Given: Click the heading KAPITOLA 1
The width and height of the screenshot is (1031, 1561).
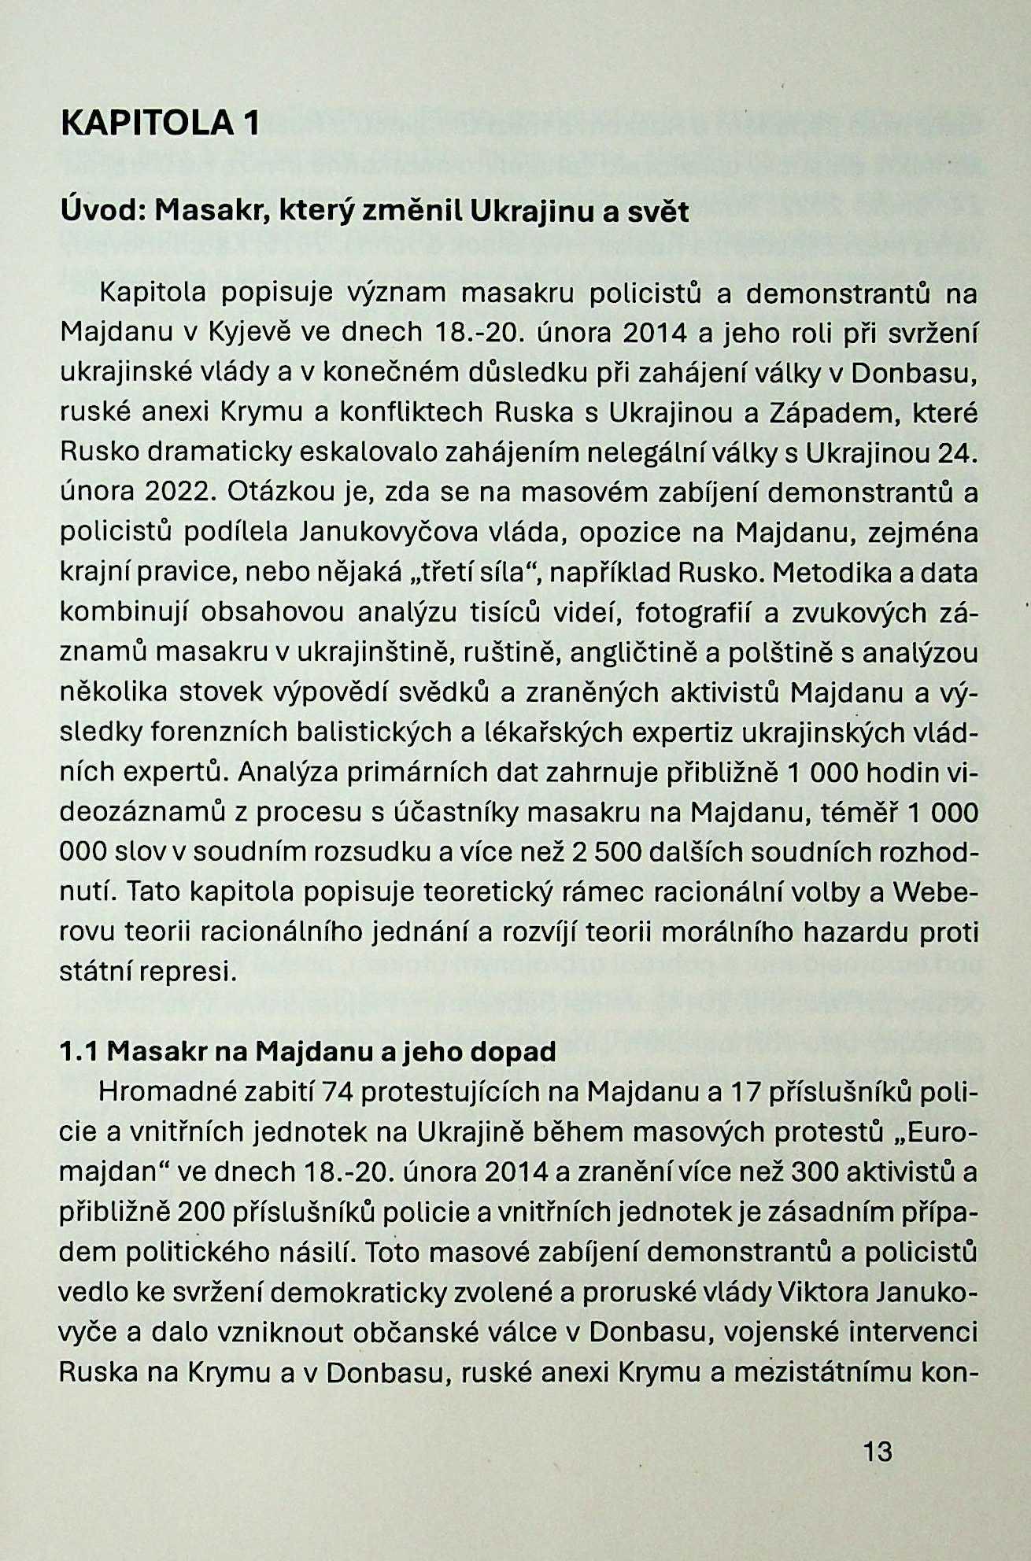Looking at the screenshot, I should [160, 124].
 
